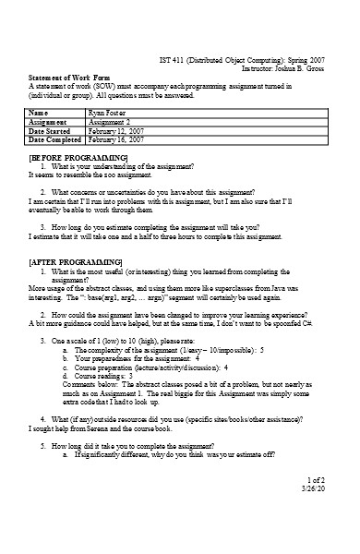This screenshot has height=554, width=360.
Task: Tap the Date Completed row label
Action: (x=56, y=139)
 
